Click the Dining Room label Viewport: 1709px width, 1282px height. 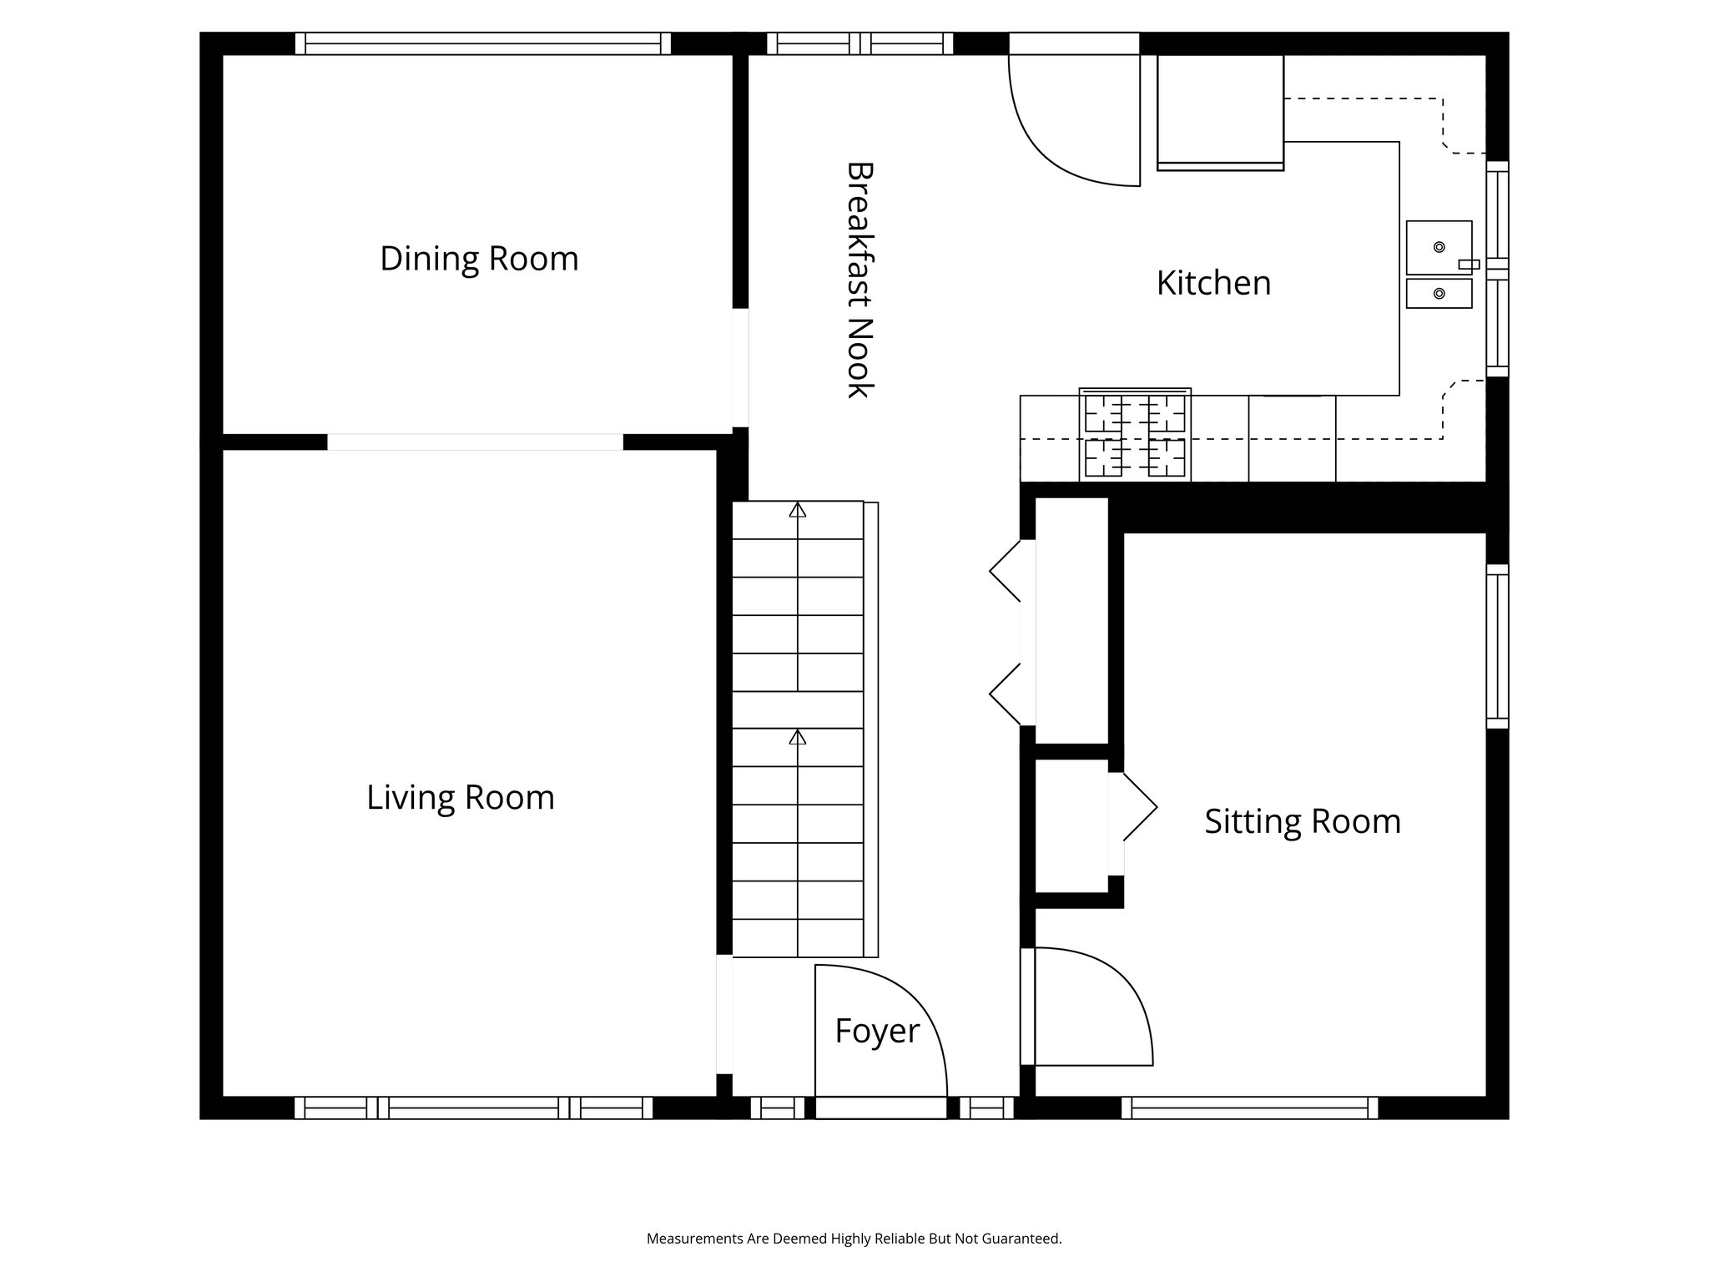pos(479,259)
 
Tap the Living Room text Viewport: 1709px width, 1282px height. pos(460,797)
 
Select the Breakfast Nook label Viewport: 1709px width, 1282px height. pos(860,280)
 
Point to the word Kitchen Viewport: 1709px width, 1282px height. pos(1213,284)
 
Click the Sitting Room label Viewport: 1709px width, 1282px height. pos(1302,821)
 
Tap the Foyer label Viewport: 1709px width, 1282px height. pos(876,1031)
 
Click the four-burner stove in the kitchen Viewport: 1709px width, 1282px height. pos(1135,436)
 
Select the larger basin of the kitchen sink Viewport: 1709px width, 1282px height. pos(1439,247)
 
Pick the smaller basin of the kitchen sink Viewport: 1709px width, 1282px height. pos(1439,294)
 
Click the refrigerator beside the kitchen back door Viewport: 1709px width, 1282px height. pos(1219,111)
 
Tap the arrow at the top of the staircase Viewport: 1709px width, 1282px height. pos(798,510)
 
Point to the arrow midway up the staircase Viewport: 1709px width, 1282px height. pos(798,737)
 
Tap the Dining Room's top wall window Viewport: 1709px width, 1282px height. pos(482,43)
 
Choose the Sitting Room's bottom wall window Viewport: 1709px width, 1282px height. pos(1249,1108)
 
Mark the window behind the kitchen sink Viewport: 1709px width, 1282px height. pos(1499,267)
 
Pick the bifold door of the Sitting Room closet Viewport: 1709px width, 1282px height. pos(1137,807)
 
